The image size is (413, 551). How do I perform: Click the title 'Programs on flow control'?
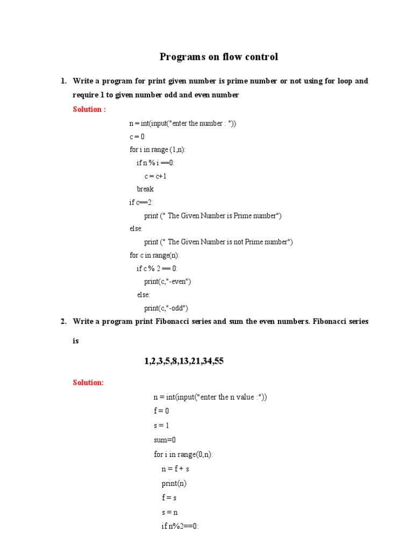pyautogui.click(x=219, y=57)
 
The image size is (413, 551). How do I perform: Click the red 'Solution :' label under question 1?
pyautogui.click(x=89, y=109)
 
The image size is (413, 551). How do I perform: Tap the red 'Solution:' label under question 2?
pyautogui.click(x=88, y=383)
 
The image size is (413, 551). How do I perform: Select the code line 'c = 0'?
pyautogui.click(x=137, y=137)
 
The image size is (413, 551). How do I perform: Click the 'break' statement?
pyautogui.click(x=145, y=189)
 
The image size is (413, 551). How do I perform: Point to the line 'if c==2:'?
pyautogui.click(x=141, y=202)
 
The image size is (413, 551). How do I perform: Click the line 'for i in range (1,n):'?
pyautogui.click(x=158, y=150)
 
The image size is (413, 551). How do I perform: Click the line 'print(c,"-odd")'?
pyautogui.click(x=166, y=308)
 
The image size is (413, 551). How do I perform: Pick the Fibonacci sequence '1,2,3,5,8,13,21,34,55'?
pyautogui.click(x=184, y=361)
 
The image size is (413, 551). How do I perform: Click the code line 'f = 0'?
pyautogui.click(x=161, y=411)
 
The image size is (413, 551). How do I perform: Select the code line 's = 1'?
pyautogui.click(x=161, y=425)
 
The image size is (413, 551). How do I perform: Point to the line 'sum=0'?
pyautogui.click(x=165, y=440)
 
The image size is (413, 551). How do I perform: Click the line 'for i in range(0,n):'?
pyautogui.click(x=183, y=454)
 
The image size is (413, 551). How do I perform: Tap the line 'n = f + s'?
pyautogui.click(x=175, y=469)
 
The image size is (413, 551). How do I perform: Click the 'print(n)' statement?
pyautogui.click(x=174, y=483)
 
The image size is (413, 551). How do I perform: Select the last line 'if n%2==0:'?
pyautogui.click(x=180, y=526)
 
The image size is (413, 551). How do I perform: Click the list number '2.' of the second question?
pyautogui.click(x=63, y=321)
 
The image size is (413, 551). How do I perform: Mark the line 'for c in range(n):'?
pyautogui.click(x=154, y=255)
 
